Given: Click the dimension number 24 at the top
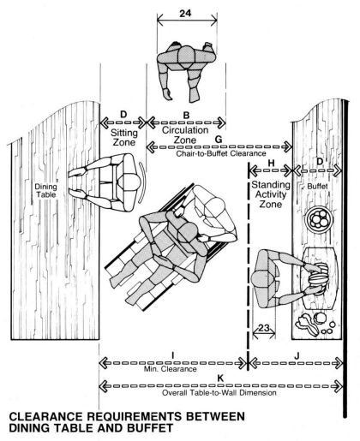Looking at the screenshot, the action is point(185,14).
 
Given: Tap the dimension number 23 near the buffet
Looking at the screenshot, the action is point(264,328).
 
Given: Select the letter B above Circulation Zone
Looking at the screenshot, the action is point(186,116).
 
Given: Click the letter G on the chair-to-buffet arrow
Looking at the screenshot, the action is point(219,140).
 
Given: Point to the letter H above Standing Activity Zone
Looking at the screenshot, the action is point(271,163).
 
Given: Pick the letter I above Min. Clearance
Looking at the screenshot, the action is point(172,355).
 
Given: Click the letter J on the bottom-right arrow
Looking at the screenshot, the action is point(297,356).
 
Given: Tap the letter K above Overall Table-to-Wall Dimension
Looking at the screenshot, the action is point(220,378).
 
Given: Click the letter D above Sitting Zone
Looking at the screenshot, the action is point(123,115).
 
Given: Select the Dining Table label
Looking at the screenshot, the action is point(45,191).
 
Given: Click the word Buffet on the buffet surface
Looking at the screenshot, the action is point(317,187).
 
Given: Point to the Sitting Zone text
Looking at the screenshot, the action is point(124,137).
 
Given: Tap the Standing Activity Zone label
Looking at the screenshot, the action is point(271,194).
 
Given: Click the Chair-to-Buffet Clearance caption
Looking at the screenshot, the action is point(221,153).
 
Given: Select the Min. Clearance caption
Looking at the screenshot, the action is point(171,369).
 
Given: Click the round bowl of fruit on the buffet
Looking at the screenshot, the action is point(319,220).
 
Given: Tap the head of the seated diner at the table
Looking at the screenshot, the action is point(129,182).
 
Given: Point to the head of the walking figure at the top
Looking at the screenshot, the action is point(186,56).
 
